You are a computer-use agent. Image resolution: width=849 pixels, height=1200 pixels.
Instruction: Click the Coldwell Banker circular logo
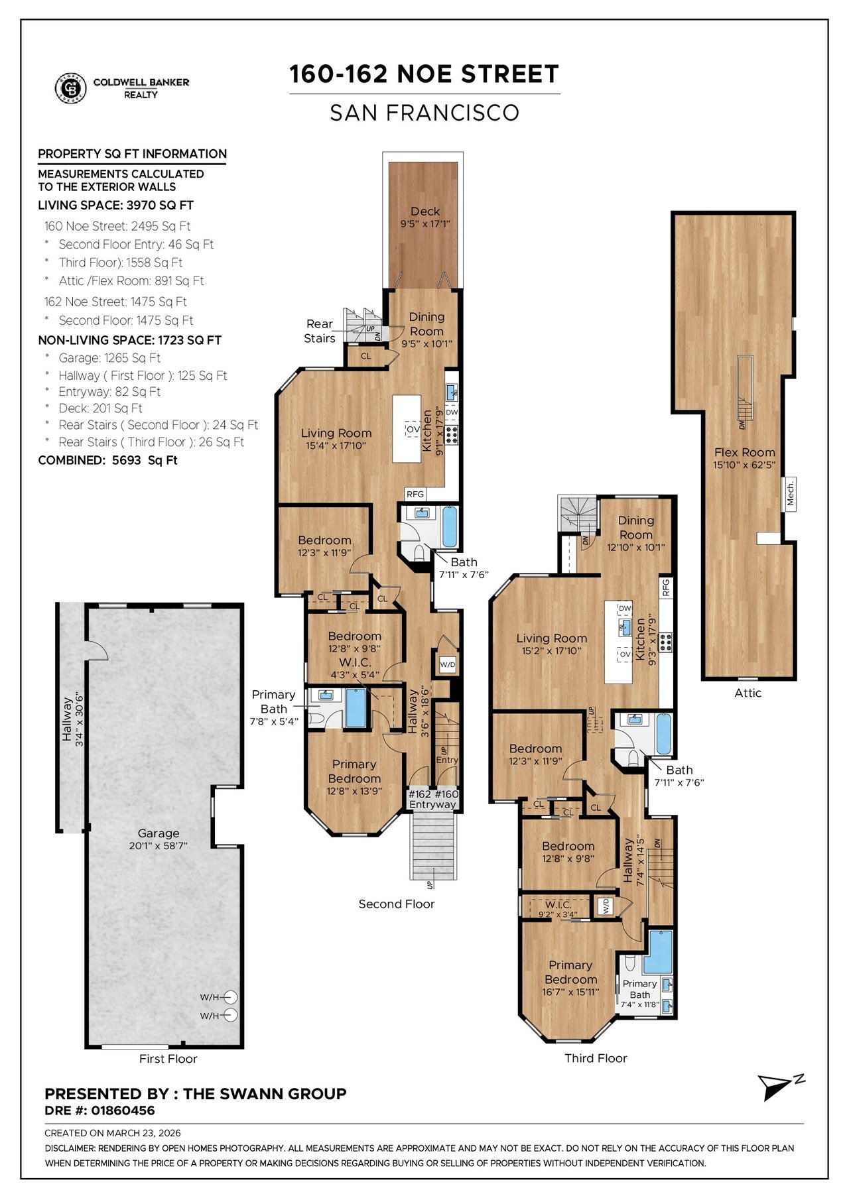70,88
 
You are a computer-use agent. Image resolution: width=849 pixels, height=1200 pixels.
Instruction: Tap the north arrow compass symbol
781,1087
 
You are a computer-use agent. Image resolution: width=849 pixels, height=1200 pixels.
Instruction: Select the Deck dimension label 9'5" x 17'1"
425,224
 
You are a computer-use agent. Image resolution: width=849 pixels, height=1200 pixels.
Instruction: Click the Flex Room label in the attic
744,452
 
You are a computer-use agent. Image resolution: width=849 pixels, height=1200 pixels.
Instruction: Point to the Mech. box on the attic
790,493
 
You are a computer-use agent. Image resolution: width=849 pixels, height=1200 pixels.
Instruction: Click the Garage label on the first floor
159,833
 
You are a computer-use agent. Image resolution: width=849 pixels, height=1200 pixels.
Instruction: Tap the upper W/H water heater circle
230,997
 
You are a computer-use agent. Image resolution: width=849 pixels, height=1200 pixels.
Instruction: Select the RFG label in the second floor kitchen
415,494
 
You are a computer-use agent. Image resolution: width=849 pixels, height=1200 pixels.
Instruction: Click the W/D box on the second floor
448,664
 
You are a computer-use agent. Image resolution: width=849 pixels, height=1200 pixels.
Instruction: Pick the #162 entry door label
420,794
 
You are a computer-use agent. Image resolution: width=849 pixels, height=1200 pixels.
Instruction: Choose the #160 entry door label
446,794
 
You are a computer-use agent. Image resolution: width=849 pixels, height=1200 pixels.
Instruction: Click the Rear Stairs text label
320,331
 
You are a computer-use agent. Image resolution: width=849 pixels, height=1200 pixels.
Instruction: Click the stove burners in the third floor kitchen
665,640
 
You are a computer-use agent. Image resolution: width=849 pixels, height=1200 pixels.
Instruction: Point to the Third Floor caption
596,1058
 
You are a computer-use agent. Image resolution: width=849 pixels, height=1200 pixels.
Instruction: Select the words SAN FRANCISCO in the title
424,113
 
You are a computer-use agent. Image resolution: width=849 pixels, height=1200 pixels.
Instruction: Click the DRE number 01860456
123,1110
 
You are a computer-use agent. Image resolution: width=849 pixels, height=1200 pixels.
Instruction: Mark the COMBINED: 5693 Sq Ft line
108,460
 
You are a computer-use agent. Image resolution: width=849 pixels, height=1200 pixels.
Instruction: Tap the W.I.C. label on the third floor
558,904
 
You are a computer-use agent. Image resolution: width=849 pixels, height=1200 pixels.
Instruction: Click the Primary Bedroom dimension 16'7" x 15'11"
570,992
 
